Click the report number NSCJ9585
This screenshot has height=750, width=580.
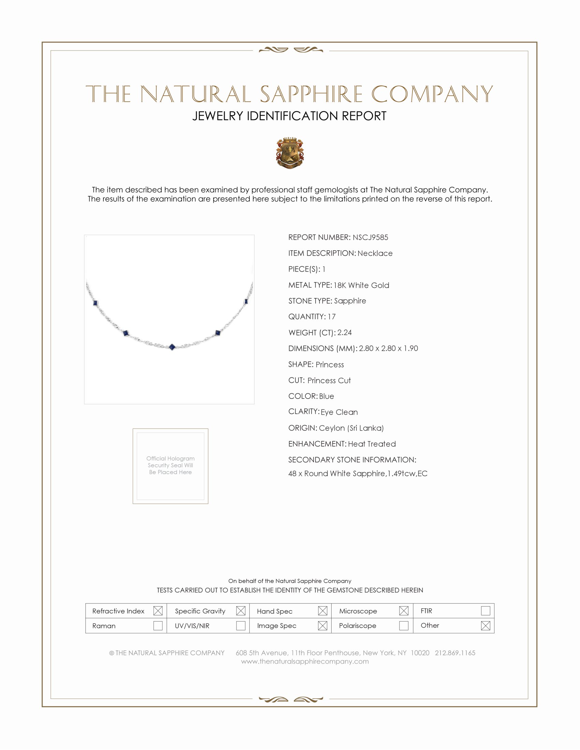point(370,237)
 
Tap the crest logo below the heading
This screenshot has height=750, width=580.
point(290,153)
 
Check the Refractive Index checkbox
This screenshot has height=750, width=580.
point(158,611)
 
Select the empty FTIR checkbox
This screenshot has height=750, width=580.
point(485,611)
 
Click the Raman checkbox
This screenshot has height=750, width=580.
point(158,626)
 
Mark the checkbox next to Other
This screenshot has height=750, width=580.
point(485,626)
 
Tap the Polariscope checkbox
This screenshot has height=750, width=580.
point(404,626)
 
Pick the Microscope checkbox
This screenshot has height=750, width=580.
point(404,611)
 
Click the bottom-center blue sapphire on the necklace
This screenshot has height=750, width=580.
point(172,347)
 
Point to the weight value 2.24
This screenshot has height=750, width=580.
point(344,332)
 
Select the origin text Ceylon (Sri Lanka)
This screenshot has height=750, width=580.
point(351,428)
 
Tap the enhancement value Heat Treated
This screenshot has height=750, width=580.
point(372,444)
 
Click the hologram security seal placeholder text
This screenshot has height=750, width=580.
point(171,465)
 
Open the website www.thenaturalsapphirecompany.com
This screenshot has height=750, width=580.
point(305,661)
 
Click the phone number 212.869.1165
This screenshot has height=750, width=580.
point(455,653)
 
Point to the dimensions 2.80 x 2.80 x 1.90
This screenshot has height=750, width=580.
point(388,348)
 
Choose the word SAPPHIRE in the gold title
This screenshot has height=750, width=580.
point(311,94)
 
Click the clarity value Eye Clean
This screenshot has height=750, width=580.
point(339,412)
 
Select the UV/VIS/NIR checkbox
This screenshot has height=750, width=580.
point(241,626)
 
